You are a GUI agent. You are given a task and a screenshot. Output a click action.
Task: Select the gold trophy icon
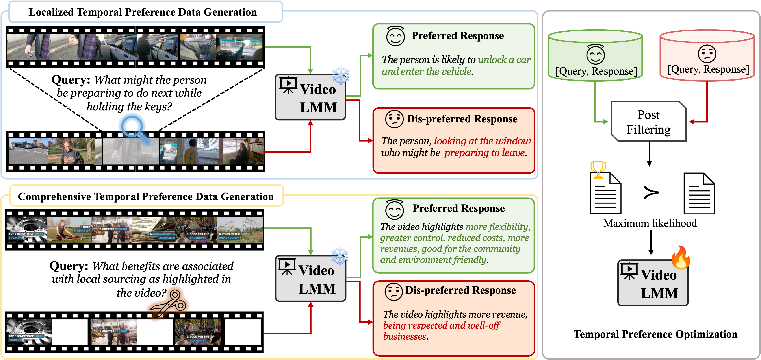[x=598, y=170]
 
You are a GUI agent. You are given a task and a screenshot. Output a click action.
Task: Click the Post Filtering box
[x=648, y=122]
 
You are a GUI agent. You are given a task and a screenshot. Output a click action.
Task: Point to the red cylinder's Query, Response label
[x=708, y=69]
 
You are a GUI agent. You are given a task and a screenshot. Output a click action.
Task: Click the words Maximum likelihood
[x=650, y=223]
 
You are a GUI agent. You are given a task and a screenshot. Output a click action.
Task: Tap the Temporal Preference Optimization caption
[x=655, y=334]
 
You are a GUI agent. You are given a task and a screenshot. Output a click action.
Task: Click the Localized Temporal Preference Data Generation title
[x=142, y=12]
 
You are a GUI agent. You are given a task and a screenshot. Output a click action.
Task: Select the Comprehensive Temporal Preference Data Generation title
[x=146, y=196]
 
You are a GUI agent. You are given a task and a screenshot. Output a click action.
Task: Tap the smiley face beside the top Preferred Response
[x=395, y=36]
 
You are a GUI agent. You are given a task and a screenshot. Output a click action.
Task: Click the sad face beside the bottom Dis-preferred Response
[x=393, y=292]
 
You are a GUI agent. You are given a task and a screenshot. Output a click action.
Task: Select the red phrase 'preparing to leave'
[x=484, y=153]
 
